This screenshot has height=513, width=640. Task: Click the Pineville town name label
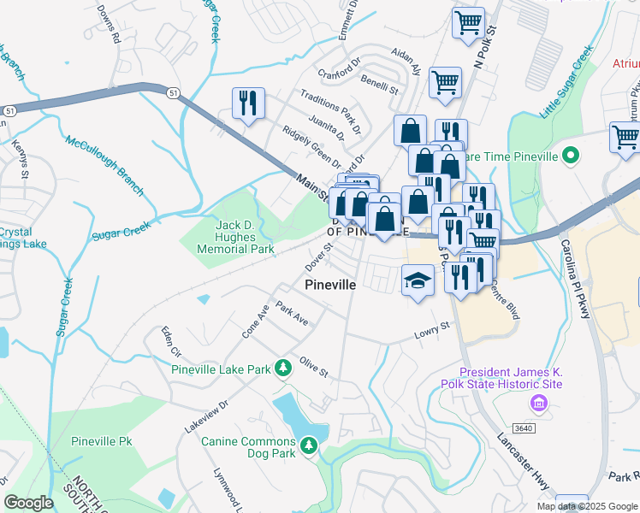[329, 284]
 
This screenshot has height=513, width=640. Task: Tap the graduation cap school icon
[416, 280]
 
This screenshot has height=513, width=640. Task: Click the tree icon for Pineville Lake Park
[281, 369]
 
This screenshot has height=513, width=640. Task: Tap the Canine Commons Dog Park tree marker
[309, 444]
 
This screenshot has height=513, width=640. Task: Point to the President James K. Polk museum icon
[538, 403]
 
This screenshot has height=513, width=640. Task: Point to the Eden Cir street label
[171, 340]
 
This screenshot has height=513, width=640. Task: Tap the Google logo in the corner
[28, 503]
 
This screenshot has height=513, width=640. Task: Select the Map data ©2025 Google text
[587, 506]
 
